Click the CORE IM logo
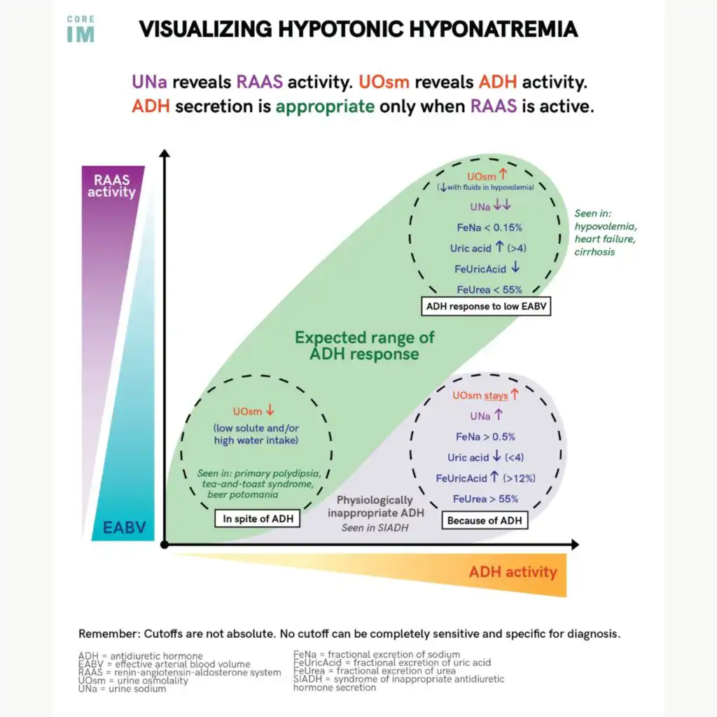81,30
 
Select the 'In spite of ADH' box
258,519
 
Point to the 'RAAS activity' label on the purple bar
111,186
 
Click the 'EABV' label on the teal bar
124,527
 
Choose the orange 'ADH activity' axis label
513,572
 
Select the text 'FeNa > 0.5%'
485,436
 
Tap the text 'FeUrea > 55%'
486,499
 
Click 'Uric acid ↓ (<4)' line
485,457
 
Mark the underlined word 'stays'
496,396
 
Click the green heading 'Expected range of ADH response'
364,345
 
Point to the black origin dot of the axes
164,544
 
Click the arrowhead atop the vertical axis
164,153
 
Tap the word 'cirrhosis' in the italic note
594,251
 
